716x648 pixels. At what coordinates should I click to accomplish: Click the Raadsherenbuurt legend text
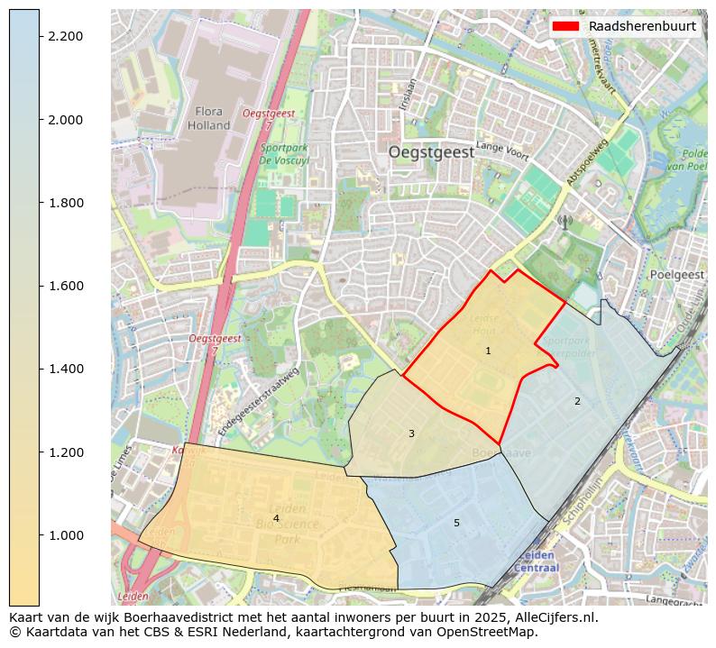[x=641, y=26]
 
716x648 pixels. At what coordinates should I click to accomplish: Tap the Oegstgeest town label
[x=431, y=152]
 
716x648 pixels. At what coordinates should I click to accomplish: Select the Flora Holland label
[x=209, y=118]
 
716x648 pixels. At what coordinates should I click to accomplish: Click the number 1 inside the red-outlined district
[x=488, y=351]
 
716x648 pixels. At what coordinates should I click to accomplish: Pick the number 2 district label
[x=577, y=401]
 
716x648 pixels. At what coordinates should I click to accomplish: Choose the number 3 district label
[x=411, y=434]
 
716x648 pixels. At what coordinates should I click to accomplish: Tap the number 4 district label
[x=276, y=518]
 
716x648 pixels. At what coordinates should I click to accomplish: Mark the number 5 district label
[x=456, y=523]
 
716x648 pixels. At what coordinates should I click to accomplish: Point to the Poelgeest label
[x=675, y=274]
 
